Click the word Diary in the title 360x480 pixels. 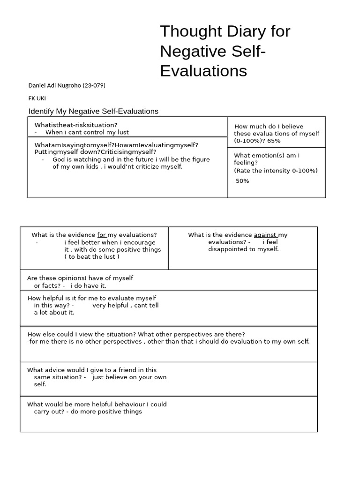tap(247, 31)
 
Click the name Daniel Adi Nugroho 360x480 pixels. tap(54, 85)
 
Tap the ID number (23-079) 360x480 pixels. tap(94, 85)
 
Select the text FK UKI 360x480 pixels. tap(37, 98)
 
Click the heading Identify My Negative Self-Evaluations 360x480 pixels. tap(93, 112)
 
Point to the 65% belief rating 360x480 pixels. tap(274, 141)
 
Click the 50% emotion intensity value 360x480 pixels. tap(242, 181)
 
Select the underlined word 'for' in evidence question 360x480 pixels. tap(102, 235)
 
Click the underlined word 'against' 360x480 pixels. tap(265, 235)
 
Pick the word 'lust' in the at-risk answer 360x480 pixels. tap(123, 132)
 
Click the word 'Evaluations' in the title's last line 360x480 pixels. tap(203, 71)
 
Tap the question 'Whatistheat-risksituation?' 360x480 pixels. tap(76, 125)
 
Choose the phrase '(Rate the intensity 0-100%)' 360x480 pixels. tap(276, 170)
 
